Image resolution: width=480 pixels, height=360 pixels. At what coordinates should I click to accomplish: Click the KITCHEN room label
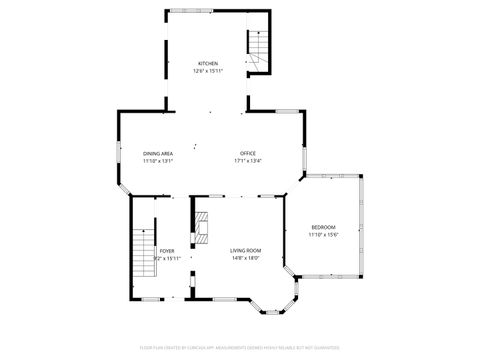coord(207,63)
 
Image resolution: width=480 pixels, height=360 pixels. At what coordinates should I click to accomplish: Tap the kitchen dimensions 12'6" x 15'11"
coord(207,71)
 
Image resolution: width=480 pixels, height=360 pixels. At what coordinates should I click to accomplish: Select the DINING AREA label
coord(158,153)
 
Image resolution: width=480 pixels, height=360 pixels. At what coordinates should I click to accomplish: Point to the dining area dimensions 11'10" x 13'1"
coord(158,161)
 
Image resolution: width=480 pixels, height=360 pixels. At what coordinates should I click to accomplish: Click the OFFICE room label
coord(247,153)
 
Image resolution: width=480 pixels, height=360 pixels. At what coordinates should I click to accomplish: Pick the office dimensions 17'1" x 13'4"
coord(247,161)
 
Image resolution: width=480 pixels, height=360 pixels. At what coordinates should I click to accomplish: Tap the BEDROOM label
coord(323,226)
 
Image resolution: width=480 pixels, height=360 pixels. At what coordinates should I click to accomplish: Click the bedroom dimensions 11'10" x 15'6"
coord(323,234)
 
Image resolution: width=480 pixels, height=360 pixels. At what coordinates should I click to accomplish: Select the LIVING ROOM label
coord(245,250)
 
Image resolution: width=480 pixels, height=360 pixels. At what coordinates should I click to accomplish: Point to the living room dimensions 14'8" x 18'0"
coord(245,258)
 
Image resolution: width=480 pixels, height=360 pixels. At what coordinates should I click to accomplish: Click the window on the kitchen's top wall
coord(182,11)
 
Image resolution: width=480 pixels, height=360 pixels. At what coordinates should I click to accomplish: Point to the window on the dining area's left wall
coord(119,157)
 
